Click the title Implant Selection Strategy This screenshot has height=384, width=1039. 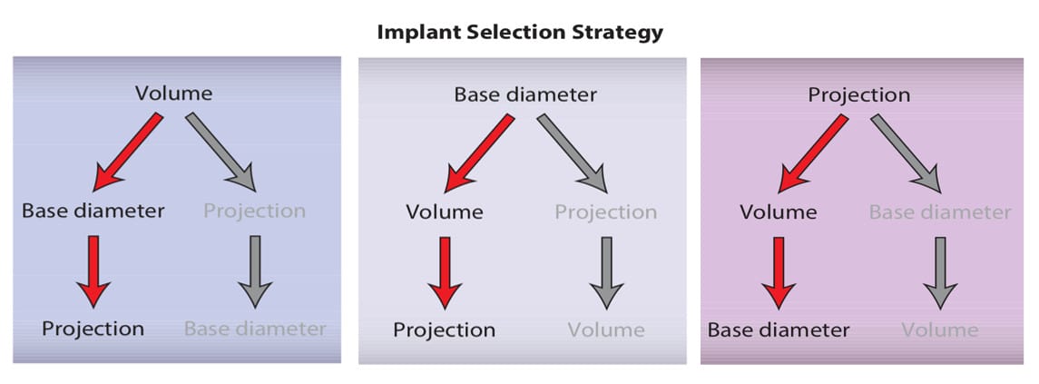click(519, 33)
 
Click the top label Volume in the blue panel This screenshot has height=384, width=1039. click(173, 94)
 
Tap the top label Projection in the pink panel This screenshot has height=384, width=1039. click(858, 94)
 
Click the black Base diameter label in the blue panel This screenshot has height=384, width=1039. click(93, 212)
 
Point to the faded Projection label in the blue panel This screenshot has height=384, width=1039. click(254, 212)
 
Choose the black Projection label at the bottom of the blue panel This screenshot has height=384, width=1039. click(93, 329)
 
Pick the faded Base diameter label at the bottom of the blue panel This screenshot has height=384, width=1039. click(255, 329)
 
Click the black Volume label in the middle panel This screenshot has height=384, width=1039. click(445, 213)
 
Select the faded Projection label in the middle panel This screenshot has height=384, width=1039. click(605, 213)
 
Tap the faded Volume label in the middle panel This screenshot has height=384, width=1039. click(606, 330)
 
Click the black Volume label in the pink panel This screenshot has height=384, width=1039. click(779, 213)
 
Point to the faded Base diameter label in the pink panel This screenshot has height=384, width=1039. click(939, 213)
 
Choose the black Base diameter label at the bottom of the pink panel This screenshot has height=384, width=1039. click(779, 330)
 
